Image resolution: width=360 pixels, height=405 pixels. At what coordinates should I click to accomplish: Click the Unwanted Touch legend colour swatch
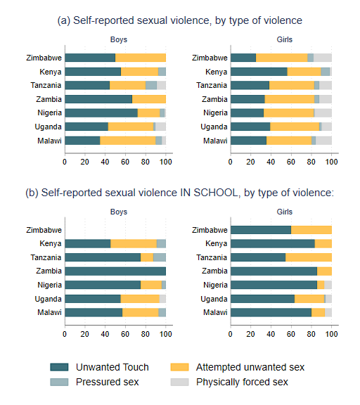pyautogui.click(x=59, y=367)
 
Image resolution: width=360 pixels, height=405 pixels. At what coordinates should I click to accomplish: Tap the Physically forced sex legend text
pyautogui.click(x=242, y=382)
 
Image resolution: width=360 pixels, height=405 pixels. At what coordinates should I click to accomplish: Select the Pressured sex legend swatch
pyautogui.click(x=59, y=382)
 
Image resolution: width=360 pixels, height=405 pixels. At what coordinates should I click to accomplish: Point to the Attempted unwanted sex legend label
pyautogui.click(x=250, y=367)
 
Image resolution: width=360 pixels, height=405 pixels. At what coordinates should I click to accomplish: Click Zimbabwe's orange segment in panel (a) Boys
pyautogui.click(x=141, y=58)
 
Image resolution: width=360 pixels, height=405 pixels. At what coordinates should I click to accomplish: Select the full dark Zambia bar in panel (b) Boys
pyautogui.click(x=115, y=271)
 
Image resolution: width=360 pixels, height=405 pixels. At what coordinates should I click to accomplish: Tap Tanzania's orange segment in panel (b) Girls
pyautogui.click(x=309, y=257)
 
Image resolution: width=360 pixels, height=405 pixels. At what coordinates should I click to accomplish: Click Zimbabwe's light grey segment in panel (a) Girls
pyautogui.click(x=323, y=58)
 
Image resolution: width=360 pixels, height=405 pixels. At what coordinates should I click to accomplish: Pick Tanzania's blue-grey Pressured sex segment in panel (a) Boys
pyautogui.click(x=151, y=85)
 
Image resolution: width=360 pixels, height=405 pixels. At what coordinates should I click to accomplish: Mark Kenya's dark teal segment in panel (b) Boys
pyautogui.click(x=88, y=243)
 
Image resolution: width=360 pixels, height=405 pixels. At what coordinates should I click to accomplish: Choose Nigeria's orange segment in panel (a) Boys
pyautogui.click(x=149, y=113)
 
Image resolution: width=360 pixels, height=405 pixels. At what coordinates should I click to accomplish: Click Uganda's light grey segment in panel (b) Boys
pyautogui.click(x=162, y=299)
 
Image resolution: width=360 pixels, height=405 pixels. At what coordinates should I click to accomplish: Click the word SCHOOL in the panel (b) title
pyautogui.click(x=216, y=193)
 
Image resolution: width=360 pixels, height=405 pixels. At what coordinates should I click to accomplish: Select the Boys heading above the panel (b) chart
pyautogui.click(x=119, y=212)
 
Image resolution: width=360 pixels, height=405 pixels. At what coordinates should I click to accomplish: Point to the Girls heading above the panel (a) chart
pyautogui.click(x=285, y=39)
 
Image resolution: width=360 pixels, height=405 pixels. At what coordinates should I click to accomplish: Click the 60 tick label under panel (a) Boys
pyautogui.click(x=125, y=162)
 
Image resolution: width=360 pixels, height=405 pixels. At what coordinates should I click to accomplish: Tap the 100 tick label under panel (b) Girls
pyautogui.click(x=331, y=334)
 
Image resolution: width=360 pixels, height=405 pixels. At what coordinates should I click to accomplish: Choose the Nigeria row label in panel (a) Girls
pyautogui.click(x=215, y=113)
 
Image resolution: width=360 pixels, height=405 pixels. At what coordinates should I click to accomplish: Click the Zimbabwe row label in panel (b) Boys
pyautogui.click(x=44, y=230)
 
